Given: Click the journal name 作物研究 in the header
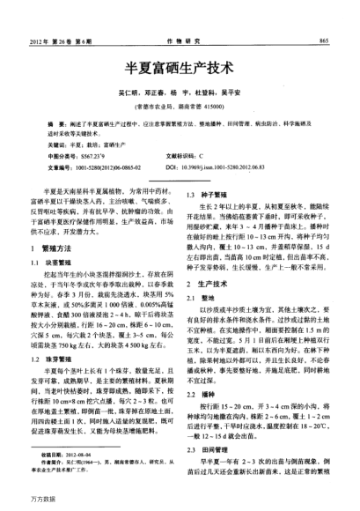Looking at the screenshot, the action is (x=180, y=41).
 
